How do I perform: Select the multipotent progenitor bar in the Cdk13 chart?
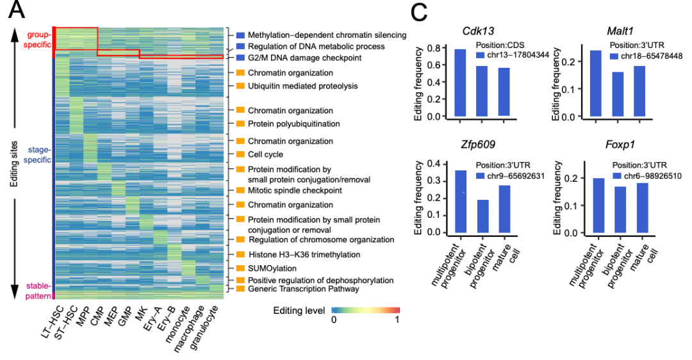coord(460,83)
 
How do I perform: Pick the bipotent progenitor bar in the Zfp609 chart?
coord(482,217)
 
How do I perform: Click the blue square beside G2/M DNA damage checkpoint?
coord(240,58)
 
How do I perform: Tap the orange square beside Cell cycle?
coord(240,154)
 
